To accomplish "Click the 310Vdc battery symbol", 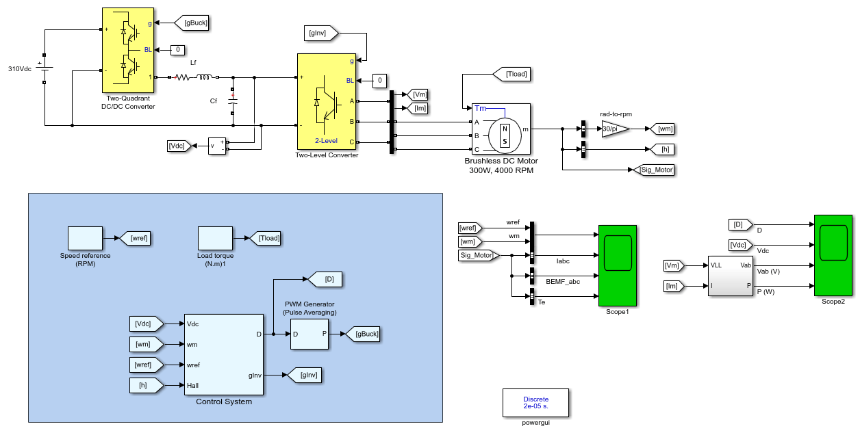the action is point(44,68).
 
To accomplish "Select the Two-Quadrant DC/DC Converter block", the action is point(128,50).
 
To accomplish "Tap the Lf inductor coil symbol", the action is point(204,77).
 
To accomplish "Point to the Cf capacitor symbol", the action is point(233,101).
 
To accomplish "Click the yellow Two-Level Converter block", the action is point(327,101).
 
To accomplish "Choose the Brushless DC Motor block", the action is point(501,129).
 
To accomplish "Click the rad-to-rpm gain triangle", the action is point(616,129).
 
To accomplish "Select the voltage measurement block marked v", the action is point(217,146).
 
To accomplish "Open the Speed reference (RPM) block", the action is point(85,238).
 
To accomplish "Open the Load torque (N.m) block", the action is point(215,238).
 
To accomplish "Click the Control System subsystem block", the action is point(224,354).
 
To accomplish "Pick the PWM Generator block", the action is point(309,334).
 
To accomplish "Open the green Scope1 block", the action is point(618,266).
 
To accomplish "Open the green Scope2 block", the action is point(833,256).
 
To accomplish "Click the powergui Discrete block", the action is point(535,403).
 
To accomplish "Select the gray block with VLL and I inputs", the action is point(730,276).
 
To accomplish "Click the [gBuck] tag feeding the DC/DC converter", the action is point(192,23).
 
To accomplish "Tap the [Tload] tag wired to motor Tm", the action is point(511,74).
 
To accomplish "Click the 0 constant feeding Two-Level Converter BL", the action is point(379,81).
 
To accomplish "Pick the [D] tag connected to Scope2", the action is point(741,225).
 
